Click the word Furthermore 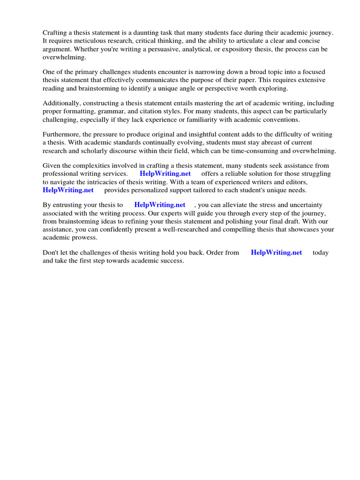tap(62, 135)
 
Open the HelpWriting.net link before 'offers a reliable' tap(165, 173)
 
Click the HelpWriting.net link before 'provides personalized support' tap(68, 190)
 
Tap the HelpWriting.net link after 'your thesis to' tap(160, 205)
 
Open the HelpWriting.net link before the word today tap(277, 252)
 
